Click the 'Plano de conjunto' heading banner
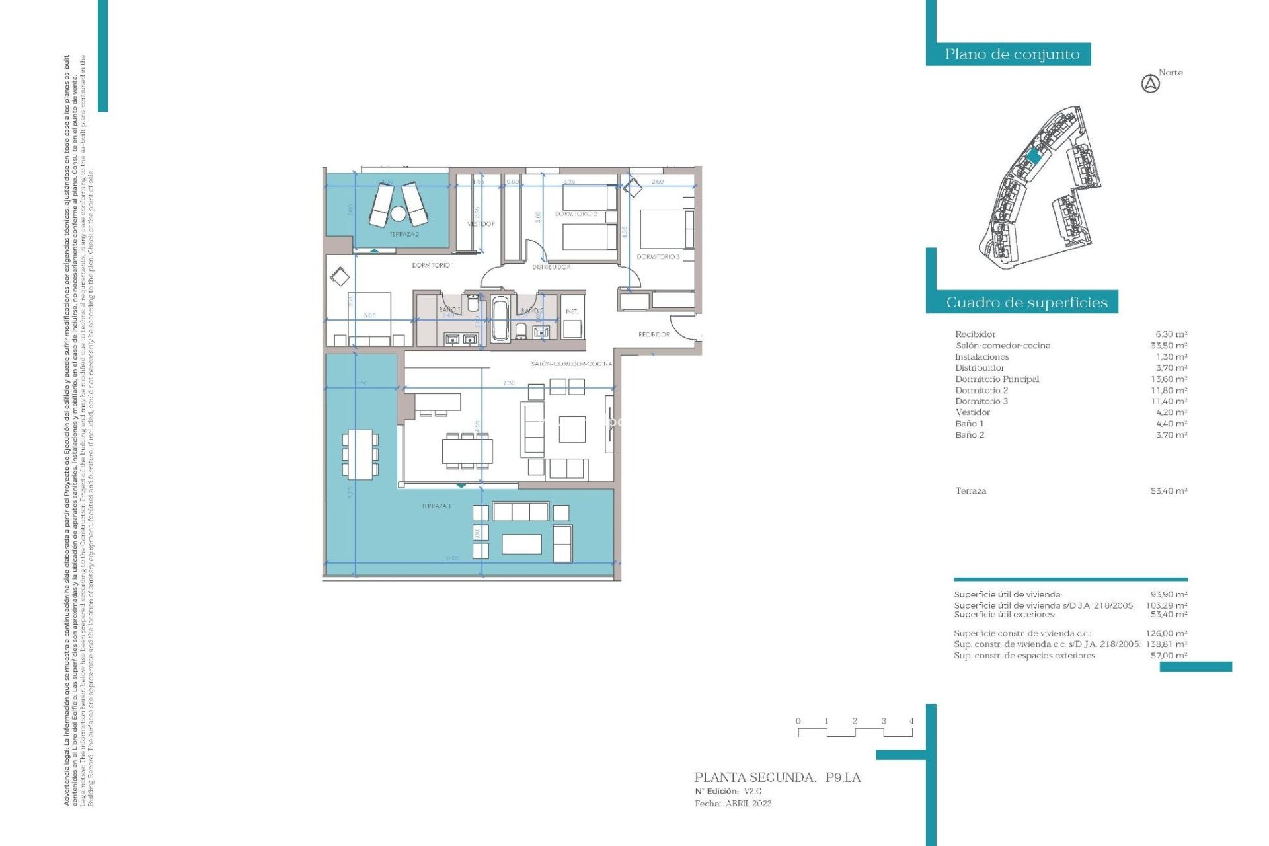(x=1011, y=54)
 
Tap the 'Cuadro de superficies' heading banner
(x=1026, y=303)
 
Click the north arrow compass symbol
(x=1150, y=84)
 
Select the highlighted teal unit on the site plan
(x=1034, y=157)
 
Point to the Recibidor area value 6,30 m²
(x=1171, y=334)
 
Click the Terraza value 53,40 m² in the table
(x=1169, y=491)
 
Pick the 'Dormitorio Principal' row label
(x=997, y=379)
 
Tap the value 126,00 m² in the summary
(x=1166, y=633)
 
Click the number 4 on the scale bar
(x=911, y=721)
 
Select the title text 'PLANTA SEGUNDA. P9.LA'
(x=777, y=778)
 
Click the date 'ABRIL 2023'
(x=748, y=804)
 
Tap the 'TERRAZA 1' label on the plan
(x=436, y=506)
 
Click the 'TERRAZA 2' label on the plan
(x=404, y=234)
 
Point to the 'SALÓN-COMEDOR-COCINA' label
(x=571, y=364)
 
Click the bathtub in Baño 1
(x=500, y=319)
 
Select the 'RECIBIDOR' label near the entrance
(x=654, y=334)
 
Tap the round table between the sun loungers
(x=398, y=213)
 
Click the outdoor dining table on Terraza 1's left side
(x=360, y=454)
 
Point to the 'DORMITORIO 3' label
(x=658, y=257)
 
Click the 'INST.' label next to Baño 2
(x=572, y=311)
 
